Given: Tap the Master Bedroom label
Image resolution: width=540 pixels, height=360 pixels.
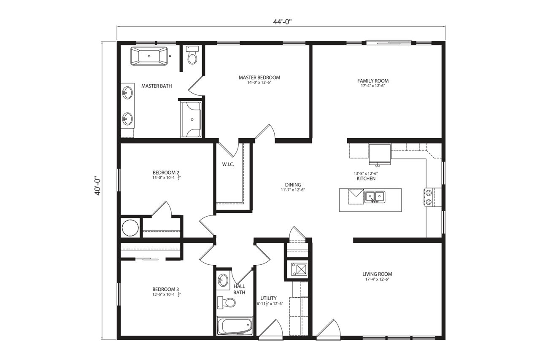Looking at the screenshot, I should coord(259,78).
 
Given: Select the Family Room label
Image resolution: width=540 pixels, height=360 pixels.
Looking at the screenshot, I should coord(373,81).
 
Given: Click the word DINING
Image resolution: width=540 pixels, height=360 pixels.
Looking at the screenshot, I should coord(293,185).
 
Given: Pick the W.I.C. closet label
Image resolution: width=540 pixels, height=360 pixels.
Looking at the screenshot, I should coord(228,164).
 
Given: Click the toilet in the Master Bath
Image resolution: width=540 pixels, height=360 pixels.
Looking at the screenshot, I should coord(192,55).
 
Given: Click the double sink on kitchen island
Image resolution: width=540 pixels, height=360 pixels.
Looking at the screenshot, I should coord(374,196).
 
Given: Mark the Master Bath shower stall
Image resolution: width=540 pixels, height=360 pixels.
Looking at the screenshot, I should coord(192,119).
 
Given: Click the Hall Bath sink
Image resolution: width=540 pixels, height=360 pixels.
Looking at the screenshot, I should coord(223,280).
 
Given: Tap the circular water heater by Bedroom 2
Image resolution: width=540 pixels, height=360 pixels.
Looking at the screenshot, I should coord(130,228).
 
